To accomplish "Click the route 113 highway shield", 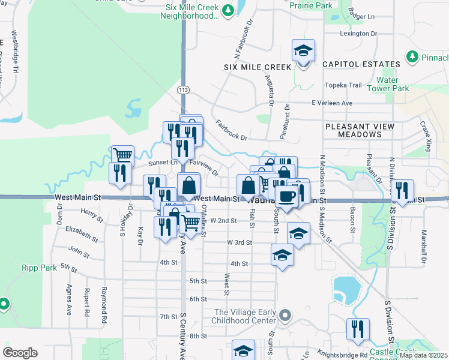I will [183, 89].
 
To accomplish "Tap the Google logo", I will [20, 352].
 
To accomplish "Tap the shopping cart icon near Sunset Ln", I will [122, 155].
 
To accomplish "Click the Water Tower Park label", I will [393, 84].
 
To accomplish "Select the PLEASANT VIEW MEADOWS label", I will [360, 130].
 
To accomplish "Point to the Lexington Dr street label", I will [357, 34].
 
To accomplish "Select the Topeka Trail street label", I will [343, 85].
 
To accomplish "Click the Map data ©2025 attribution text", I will [424, 355].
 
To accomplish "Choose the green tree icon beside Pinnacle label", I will [412, 57].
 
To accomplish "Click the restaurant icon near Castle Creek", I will [358, 329].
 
